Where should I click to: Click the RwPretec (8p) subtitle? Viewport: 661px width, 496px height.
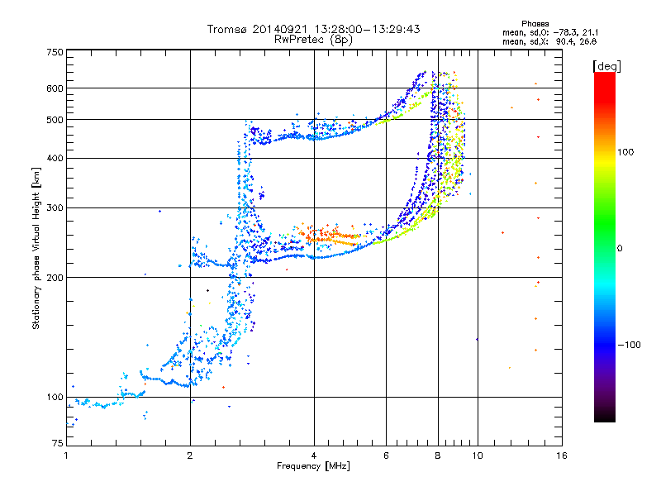pyautogui.click(x=313, y=40)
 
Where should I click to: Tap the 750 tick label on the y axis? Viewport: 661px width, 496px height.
pyautogui.click(x=55, y=52)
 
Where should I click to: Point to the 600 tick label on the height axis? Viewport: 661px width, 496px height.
pyautogui.click(x=55, y=88)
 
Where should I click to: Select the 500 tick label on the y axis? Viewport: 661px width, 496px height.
pyautogui.click(x=55, y=120)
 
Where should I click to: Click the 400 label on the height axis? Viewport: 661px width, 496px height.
pyautogui.click(x=55, y=158)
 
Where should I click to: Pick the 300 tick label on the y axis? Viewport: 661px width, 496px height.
pyautogui.click(x=55, y=207)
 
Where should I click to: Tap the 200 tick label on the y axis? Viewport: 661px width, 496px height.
pyautogui.click(x=55, y=278)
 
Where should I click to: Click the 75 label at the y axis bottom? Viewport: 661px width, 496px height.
pyautogui.click(x=58, y=443)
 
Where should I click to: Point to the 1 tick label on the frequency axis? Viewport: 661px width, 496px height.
pyautogui.click(x=66, y=455)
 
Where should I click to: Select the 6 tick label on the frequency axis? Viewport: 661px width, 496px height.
pyautogui.click(x=386, y=455)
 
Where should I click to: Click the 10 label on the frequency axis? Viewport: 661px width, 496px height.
pyautogui.click(x=478, y=455)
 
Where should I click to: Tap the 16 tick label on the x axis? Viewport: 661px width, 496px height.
pyautogui.click(x=562, y=455)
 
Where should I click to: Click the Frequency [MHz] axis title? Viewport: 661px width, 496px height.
pyautogui.click(x=313, y=466)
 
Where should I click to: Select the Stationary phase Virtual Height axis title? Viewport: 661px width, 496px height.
pyautogui.click(x=36, y=248)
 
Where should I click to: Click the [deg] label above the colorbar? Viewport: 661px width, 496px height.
pyautogui.click(x=606, y=66)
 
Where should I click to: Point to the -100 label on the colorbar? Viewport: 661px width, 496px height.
pyautogui.click(x=629, y=345)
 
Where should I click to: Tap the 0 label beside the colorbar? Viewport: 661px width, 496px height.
pyautogui.click(x=620, y=249)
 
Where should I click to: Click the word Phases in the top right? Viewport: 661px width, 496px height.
pyautogui.click(x=535, y=24)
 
